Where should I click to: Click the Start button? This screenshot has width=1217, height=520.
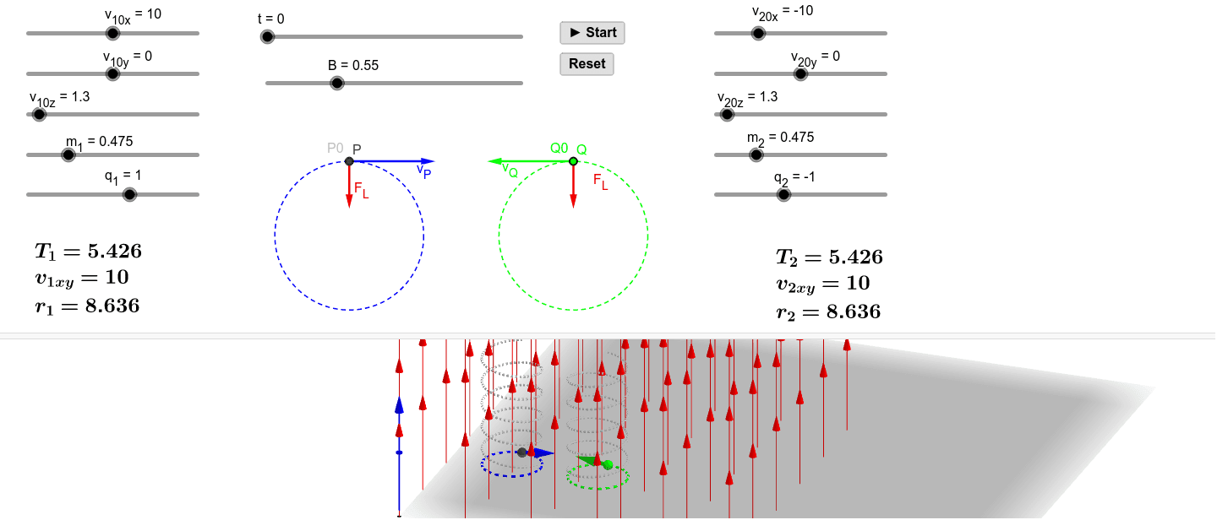(x=592, y=33)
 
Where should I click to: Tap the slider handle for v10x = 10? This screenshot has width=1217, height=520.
(x=112, y=33)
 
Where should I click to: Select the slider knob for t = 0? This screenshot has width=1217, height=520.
(x=268, y=36)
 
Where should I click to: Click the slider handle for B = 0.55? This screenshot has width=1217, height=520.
(x=337, y=83)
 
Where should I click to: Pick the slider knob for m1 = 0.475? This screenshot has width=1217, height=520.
(x=68, y=154)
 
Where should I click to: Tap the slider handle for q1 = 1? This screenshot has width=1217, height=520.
(x=129, y=194)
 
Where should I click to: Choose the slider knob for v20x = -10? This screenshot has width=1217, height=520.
(x=758, y=33)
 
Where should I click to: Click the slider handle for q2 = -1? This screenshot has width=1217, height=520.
(x=783, y=194)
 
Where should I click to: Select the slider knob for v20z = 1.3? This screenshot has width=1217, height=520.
(x=726, y=114)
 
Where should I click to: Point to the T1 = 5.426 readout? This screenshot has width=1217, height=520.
(x=88, y=251)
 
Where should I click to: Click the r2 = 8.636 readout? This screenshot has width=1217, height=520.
(x=828, y=312)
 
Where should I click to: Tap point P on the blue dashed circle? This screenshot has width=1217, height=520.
(x=349, y=161)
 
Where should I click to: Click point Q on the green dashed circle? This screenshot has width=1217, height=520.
(x=573, y=161)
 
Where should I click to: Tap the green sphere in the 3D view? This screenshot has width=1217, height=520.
(x=607, y=464)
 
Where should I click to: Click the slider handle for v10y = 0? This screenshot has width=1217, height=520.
(x=112, y=73)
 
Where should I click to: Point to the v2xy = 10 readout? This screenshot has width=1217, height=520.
(x=822, y=284)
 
